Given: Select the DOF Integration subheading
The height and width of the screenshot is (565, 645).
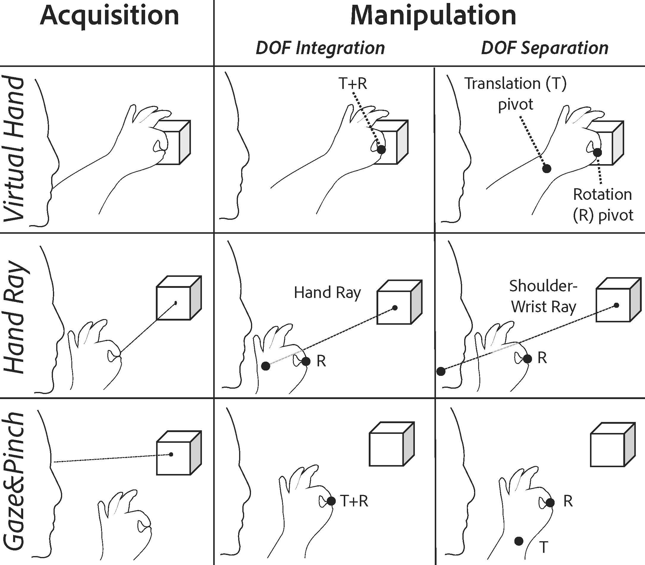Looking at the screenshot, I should [x=320, y=48].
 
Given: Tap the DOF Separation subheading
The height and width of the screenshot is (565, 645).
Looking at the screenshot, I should [x=544, y=48].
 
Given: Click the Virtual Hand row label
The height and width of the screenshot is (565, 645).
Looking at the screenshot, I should [x=14, y=148].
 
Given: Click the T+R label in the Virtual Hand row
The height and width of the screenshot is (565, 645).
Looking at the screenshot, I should [x=353, y=84].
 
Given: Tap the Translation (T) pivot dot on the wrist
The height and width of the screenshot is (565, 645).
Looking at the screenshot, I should [x=546, y=169].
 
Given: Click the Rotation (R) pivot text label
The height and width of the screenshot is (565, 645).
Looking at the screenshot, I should [x=602, y=205].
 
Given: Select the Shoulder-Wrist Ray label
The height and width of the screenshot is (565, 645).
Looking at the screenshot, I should [x=543, y=296].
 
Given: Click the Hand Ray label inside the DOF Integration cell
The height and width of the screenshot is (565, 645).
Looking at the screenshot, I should [x=327, y=293].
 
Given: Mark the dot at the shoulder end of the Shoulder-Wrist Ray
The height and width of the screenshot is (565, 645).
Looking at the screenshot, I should [x=441, y=371].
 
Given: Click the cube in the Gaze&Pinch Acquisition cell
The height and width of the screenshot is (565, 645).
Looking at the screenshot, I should [x=178, y=453].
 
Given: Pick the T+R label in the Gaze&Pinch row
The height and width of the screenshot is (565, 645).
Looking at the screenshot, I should [x=354, y=501].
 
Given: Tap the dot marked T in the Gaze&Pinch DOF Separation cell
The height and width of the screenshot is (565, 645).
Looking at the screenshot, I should [x=519, y=541].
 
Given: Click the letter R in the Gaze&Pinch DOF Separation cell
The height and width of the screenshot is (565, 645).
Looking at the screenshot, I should [x=568, y=501].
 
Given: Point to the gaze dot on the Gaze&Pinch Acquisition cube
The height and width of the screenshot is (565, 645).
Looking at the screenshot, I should [x=171, y=454].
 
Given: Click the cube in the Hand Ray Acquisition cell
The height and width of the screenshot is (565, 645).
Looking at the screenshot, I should [x=178, y=298].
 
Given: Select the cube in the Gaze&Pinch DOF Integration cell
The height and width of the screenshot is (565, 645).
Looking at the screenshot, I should [x=391, y=445].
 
